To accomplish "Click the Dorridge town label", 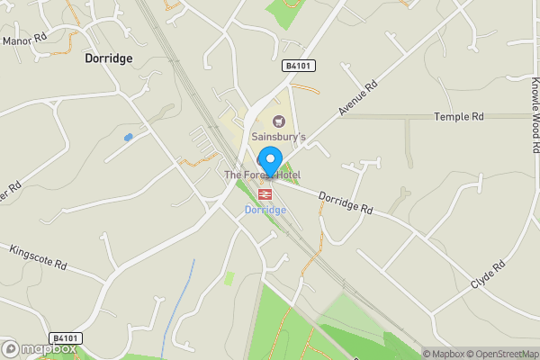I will [x=108, y=58].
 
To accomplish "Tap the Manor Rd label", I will [x=23, y=40].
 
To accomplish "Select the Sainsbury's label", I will [x=278, y=137].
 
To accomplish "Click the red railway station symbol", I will [x=265, y=193].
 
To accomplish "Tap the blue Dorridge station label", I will [x=265, y=210].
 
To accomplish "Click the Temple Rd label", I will [x=459, y=117].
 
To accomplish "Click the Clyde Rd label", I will [x=489, y=274].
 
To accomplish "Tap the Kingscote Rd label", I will [x=38, y=258].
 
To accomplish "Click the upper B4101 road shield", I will [x=298, y=66].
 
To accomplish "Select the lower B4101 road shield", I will [x=67, y=338].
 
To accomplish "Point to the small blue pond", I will [x=128, y=137].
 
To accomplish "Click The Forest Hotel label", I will [x=262, y=175].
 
